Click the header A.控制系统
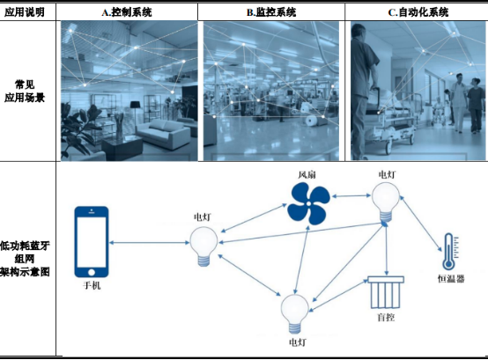pos(127,12)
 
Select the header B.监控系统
pos(271,12)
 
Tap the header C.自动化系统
pos(418,12)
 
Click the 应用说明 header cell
pos(25,12)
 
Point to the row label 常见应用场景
pos(25,91)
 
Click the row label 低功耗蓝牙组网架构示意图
pos(25,259)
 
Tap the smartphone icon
pos(92,241)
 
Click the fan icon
pos(308,203)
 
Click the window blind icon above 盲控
pos(386,292)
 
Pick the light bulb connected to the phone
pos(203,246)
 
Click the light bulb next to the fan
pos(386,202)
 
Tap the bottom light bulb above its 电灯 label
pos(295,313)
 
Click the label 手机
pos(92,285)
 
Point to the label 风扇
pos(307,174)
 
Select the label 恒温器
pos(451,278)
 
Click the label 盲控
pos(386,317)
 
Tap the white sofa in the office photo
pos(164,135)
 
